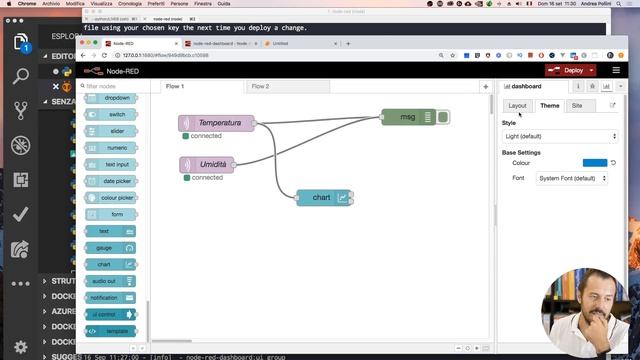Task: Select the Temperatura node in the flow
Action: (x=218, y=123)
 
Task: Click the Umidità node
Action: (x=209, y=164)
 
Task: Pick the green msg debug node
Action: (x=408, y=117)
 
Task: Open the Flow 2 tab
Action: (x=261, y=87)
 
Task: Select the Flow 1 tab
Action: (x=176, y=87)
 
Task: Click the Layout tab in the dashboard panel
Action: (x=517, y=105)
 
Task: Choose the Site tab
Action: (x=577, y=105)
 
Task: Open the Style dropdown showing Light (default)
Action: (x=559, y=136)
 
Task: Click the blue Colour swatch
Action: (x=594, y=162)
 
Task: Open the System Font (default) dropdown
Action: (x=573, y=178)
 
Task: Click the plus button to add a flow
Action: (x=485, y=87)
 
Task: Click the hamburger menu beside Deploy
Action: (x=616, y=70)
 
